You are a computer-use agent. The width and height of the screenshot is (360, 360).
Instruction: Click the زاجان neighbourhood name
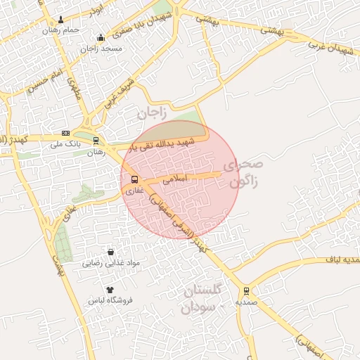[x=150, y=112]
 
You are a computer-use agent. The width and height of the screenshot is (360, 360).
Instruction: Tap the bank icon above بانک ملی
[x=65, y=133]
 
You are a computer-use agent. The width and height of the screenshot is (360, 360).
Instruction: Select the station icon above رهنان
[x=96, y=140]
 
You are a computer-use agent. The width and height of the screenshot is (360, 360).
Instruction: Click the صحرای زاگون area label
[x=243, y=174]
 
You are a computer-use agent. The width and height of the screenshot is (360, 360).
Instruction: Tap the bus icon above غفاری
[x=134, y=179]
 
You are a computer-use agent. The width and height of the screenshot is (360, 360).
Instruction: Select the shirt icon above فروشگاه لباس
[x=110, y=289]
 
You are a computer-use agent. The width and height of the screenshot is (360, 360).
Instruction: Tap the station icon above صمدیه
[x=245, y=291]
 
